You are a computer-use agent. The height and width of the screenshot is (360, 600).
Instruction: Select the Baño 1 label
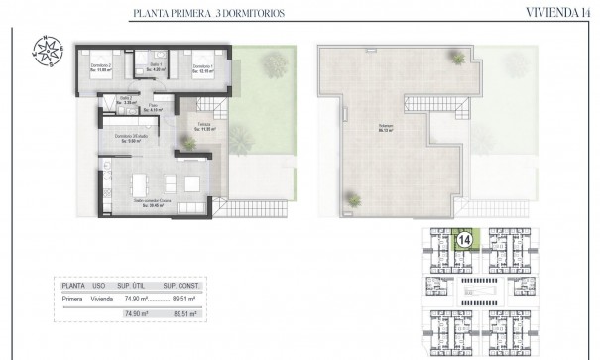tap(152, 68)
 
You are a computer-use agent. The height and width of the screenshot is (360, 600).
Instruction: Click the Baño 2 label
tap(125, 101)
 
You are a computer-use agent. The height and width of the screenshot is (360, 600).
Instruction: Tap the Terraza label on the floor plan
tap(203, 126)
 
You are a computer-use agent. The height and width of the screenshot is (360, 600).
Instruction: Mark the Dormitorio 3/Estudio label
tap(130, 138)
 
